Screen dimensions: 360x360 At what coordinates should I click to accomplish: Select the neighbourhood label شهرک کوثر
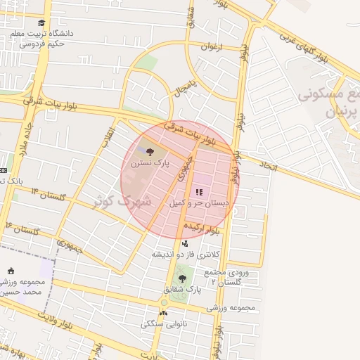124,200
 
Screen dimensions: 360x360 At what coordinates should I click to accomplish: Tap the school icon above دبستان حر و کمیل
199,191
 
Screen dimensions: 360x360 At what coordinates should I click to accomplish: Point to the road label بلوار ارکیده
204,228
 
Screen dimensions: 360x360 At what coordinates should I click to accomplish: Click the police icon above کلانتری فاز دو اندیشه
185,243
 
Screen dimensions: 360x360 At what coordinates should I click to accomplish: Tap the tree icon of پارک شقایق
183,279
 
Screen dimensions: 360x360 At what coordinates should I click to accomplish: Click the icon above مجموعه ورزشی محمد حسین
11,271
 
